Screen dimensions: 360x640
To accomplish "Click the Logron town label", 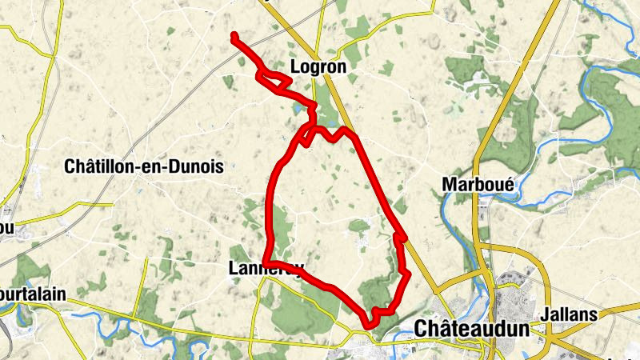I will pyautogui.click(x=318, y=68).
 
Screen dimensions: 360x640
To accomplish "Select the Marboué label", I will pyautogui.click(x=478, y=184).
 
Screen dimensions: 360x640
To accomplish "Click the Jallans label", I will pyautogui.click(x=569, y=314).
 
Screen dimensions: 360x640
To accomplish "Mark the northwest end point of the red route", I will pyautogui.click(x=234, y=36).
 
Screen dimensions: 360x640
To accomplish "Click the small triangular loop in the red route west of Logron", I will pyautogui.click(x=272, y=78).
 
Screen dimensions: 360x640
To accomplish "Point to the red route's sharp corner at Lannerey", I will pyautogui.click(x=268, y=262).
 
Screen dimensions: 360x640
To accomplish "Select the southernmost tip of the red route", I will pyautogui.click(x=368, y=324).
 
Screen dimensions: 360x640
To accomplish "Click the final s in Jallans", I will pyautogui.click(x=594, y=314).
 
